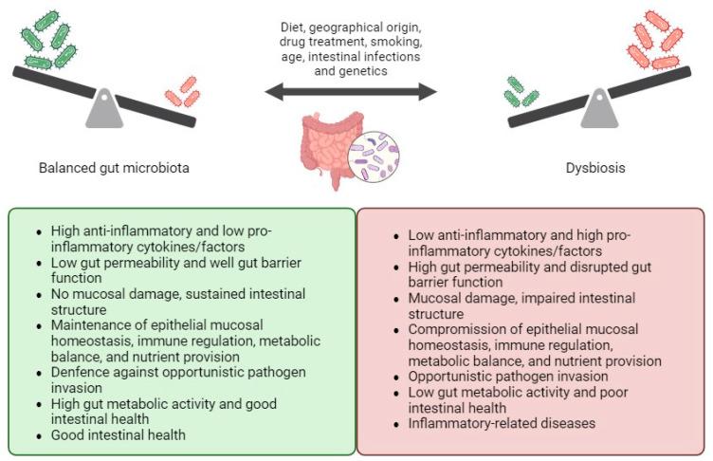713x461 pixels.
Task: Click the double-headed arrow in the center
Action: [x=351, y=92]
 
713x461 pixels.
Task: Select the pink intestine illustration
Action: [x=328, y=148]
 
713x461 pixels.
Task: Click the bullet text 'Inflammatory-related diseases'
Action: [x=502, y=423]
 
